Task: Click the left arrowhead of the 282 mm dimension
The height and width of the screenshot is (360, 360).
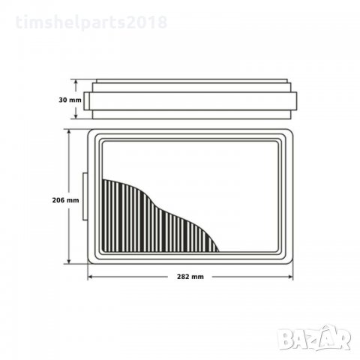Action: click(91, 277)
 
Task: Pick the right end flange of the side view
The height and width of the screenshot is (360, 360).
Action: click(295, 101)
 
